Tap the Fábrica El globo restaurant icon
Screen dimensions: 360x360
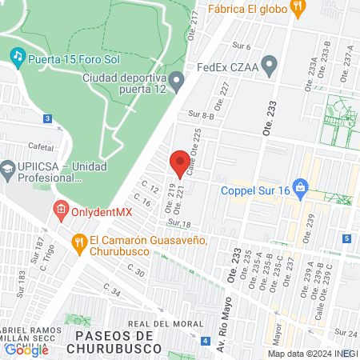click(x=298, y=10)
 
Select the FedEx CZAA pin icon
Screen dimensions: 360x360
click(x=270, y=66)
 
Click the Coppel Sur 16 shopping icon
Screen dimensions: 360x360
click(x=301, y=190)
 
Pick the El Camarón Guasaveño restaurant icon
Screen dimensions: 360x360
click(x=78, y=241)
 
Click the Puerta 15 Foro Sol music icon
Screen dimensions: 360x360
click(x=17, y=56)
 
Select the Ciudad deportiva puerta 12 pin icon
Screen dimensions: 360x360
click(x=176, y=79)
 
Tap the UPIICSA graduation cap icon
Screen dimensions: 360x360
click(x=7, y=169)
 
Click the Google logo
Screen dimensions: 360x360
click(x=26, y=350)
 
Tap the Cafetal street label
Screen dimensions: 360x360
click(x=39, y=146)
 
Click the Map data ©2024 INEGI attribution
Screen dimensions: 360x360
click(x=313, y=354)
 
